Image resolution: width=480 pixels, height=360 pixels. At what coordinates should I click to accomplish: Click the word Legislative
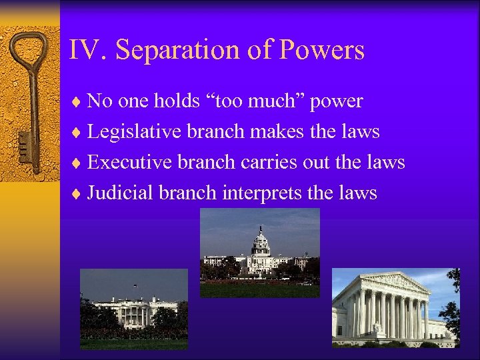point(135,132)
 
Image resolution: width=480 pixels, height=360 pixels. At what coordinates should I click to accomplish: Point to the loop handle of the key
point(29,53)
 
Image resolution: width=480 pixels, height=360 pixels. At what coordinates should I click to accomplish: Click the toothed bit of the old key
point(26,143)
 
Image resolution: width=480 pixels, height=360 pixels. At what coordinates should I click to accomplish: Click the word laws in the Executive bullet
point(385,163)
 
